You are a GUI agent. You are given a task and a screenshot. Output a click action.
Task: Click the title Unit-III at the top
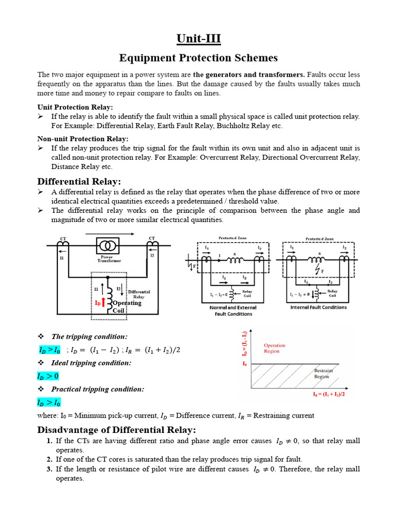(199, 39)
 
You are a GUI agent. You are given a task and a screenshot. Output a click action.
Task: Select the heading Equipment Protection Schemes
(199, 58)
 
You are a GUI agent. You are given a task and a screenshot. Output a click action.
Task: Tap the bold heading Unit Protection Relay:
(75, 107)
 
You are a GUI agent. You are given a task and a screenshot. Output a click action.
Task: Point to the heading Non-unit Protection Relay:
(83, 139)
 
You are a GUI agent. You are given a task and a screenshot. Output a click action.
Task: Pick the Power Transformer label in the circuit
(110, 258)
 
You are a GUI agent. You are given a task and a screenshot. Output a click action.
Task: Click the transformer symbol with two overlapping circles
(109, 245)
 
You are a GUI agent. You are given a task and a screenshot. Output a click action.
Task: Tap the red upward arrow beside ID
(104, 303)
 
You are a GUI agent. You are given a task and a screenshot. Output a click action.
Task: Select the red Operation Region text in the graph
(274, 348)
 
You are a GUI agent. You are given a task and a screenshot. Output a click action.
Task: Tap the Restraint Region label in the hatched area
(323, 373)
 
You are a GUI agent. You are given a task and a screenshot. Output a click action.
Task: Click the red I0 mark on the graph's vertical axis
(245, 363)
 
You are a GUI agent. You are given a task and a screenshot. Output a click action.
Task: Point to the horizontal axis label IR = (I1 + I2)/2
(329, 395)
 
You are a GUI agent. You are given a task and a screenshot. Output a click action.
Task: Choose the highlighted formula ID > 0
(48, 376)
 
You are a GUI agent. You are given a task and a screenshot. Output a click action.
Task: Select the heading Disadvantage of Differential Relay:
(117, 429)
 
